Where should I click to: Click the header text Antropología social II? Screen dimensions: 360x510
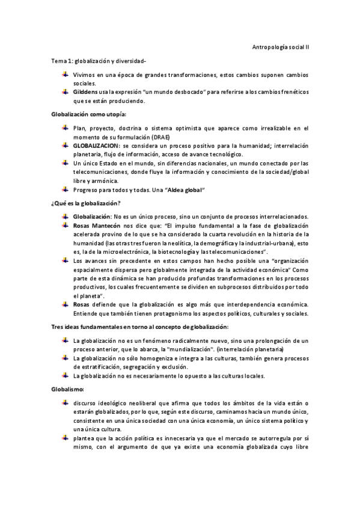(279, 47)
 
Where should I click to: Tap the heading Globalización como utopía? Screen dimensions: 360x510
(89, 114)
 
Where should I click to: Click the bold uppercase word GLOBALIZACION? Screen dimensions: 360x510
(97, 146)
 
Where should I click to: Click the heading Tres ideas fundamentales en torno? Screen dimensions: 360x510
(139, 326)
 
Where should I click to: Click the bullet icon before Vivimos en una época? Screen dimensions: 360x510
(64, 75)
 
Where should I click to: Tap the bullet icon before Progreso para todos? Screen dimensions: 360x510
(64, 190)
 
